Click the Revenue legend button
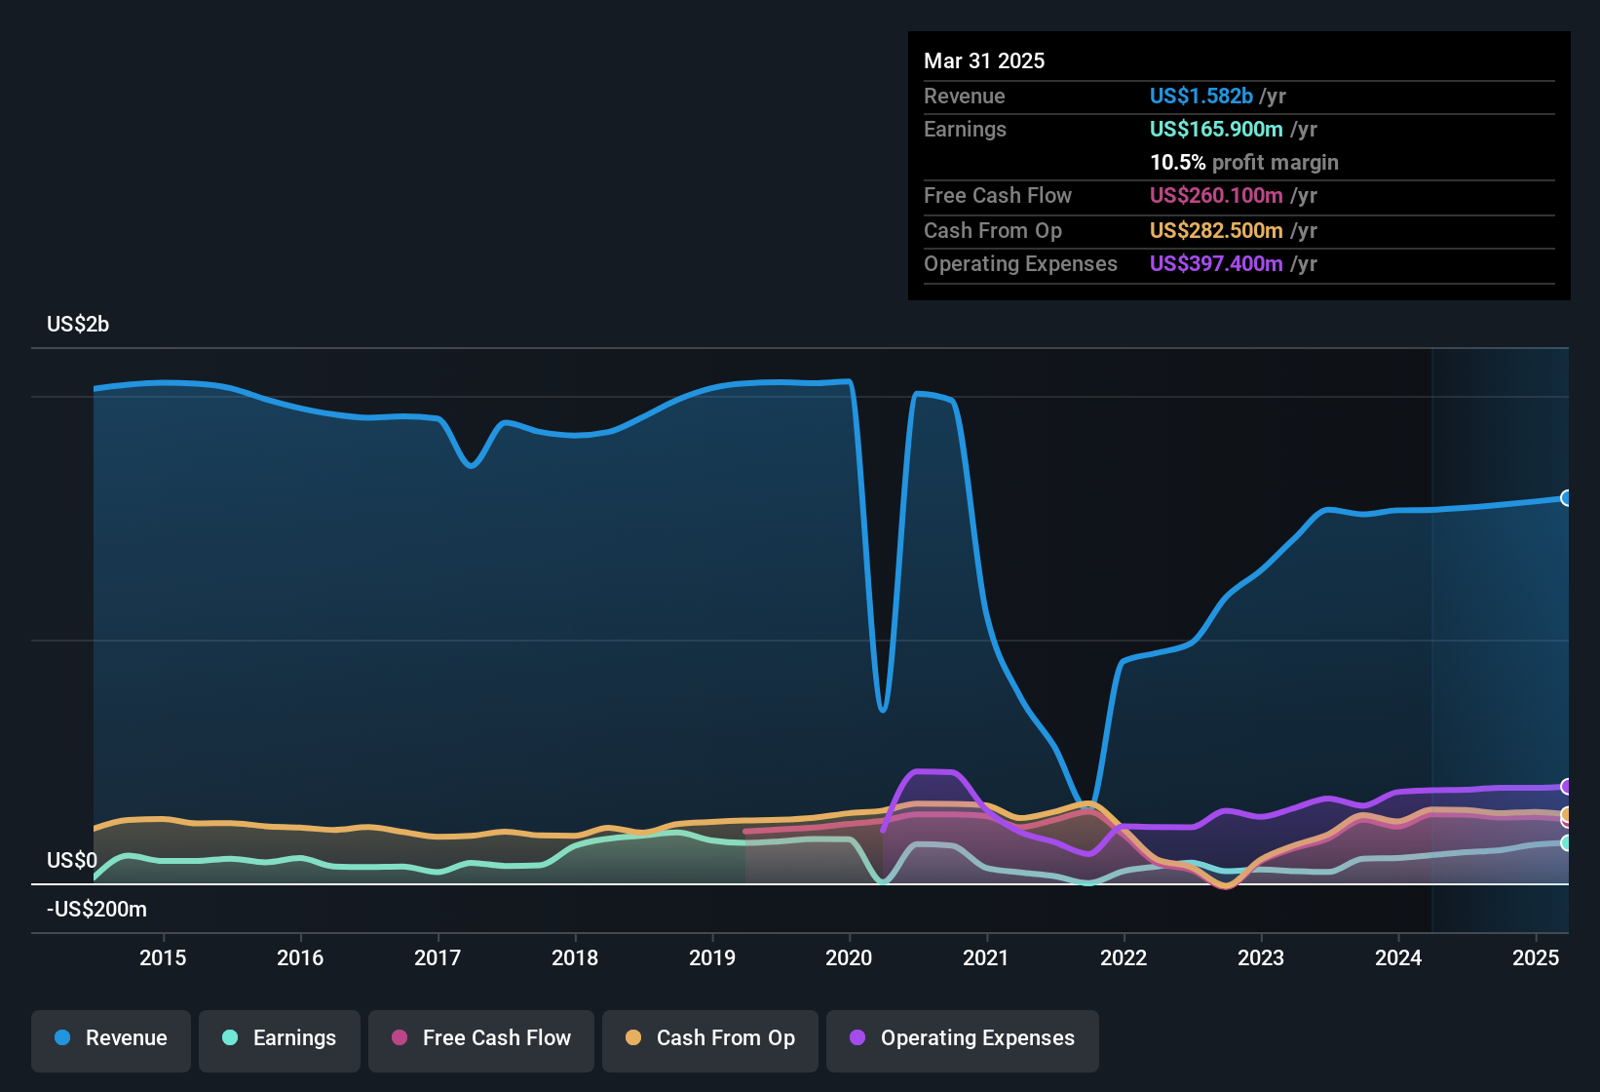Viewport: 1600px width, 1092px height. pos(111,1039)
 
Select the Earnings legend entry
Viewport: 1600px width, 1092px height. pos(280,1039)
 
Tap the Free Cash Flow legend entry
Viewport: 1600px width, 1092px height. pos(481,1039)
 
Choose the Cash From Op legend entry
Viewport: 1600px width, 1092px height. pos(710,1039)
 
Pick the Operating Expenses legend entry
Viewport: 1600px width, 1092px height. pos(963,1039)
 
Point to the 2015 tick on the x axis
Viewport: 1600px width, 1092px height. pos(163,957)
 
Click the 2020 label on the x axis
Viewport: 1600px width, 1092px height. pos(849,957)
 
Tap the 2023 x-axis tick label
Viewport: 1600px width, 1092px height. pos(1261,957)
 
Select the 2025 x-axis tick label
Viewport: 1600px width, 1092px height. pos(1535,957)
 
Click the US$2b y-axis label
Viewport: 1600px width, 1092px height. pos(78,324)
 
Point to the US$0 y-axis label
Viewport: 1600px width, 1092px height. pos(72,860)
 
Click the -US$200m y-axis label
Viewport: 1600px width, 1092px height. pos(96,909)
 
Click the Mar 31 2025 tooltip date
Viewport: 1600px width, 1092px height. pos(984,60)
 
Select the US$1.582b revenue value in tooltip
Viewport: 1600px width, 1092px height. pos(1200,96)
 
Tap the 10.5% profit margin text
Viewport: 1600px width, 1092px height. pos(1243,162)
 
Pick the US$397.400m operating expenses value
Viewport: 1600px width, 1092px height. pos(1216,263)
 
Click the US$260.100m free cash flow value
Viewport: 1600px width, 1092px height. pos(1216,195)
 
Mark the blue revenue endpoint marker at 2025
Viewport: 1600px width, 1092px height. pos(1566,498)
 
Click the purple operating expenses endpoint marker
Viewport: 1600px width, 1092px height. pos(1566,786)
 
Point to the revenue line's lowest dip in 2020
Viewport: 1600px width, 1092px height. pos(883,710)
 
